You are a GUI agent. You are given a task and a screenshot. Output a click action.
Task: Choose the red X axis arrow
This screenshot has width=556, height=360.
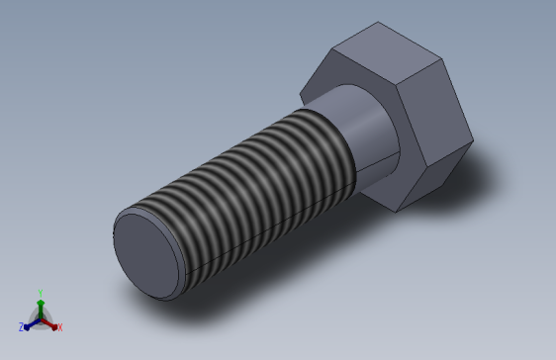[x=52, y=321]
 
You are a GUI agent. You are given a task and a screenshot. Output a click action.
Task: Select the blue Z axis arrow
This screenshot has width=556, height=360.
[x=30, y=322]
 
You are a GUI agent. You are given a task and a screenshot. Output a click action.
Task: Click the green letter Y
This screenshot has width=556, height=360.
[x=40, y=292]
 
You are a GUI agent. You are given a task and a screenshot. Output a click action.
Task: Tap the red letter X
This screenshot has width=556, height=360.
[x=59, y=326]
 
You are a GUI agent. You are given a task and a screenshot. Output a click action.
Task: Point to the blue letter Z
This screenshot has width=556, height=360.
[x=21, y=326]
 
